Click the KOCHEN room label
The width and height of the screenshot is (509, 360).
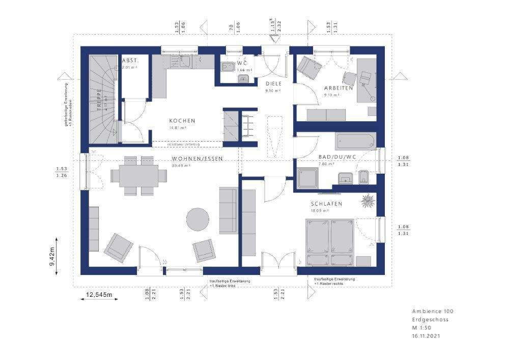point(182,121)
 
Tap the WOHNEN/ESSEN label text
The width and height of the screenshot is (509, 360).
point(190,159)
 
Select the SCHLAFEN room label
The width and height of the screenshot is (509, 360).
point(326,204)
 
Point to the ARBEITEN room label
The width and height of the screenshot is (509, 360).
point(338,88)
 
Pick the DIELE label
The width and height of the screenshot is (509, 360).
point(273,84)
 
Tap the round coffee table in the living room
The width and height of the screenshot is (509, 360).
point(197,219)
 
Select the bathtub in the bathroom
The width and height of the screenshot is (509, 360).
point(355,141)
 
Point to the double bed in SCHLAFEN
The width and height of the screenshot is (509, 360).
point(330,242)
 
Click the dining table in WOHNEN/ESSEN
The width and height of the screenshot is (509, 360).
point(139,175)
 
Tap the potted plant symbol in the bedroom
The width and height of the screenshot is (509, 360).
point(367,202)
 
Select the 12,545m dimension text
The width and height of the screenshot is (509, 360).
point(99,294)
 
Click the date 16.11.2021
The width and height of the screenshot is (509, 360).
point(426,337)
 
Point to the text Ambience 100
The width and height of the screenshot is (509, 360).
point(432,311)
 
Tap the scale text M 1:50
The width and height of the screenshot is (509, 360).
point(422,328)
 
